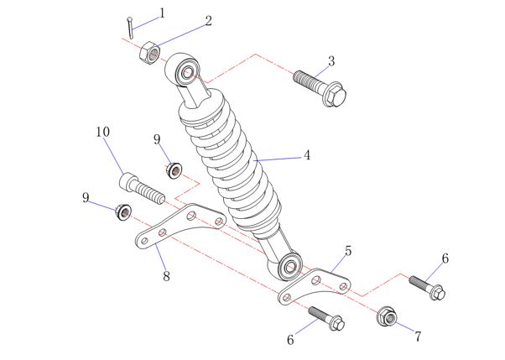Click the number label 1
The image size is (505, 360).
[x=162, y=13]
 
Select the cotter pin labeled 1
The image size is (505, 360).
[x=129, y=27]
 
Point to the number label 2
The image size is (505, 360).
[x=208, y=20]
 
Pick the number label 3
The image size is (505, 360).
[x=332, y=60]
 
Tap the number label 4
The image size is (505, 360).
[x=307, y=155]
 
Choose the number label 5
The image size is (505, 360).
[x=348, y=250]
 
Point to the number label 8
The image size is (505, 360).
[x=166, y=275]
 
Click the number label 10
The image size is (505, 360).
[x=102, y=132]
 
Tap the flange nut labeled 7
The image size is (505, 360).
[x=387, y=317]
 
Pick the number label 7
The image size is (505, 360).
[x=418, y=337]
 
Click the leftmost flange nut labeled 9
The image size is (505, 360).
[x=121, y=211]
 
